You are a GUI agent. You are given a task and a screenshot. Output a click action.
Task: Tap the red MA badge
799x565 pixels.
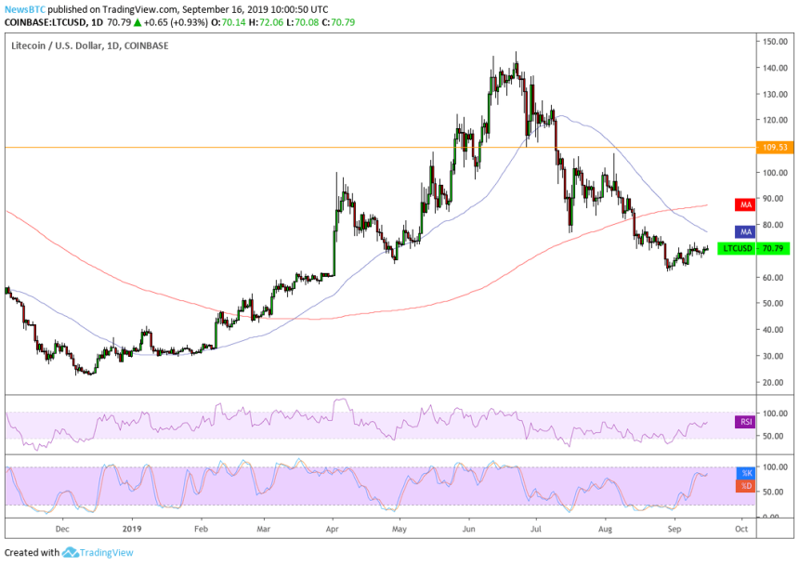click(x=743, y=204)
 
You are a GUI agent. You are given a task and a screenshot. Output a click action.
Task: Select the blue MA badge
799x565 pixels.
click(x=743, y=231)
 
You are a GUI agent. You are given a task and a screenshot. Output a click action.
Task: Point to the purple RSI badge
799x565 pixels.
click(x=744, y=422)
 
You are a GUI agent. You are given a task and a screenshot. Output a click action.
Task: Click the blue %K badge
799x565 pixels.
click(x=744, y=474)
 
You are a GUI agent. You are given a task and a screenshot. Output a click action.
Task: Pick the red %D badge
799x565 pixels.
click(x=744, y=486)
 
